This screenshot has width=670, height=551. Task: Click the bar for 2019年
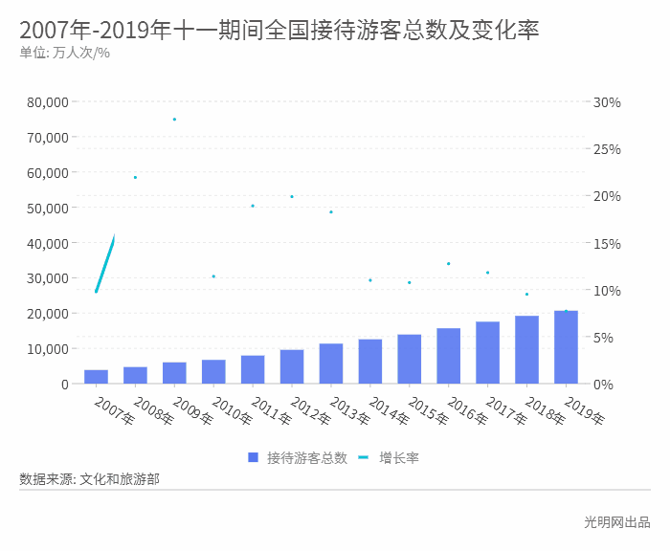tap(566, 347)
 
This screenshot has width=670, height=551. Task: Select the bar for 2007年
tap(96, 377)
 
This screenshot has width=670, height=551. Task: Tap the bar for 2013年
tap(331, 364)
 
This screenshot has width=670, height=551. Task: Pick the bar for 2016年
tap(448, 356)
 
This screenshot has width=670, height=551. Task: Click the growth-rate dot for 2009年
tap(174, 120)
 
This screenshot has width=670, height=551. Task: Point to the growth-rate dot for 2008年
tap(135, 177)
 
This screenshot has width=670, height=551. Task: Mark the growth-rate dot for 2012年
tap(292, 197)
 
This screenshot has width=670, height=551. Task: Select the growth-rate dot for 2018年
tap(526, 295)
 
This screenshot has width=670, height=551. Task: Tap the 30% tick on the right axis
tap(607, 102)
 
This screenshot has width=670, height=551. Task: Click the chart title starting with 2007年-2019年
tap(279, 30)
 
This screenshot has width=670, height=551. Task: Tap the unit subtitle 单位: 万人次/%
tap(64, 53)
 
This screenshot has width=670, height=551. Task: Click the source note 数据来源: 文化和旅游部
tap(89, 478)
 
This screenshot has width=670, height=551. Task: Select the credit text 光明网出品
tap(616, 522)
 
